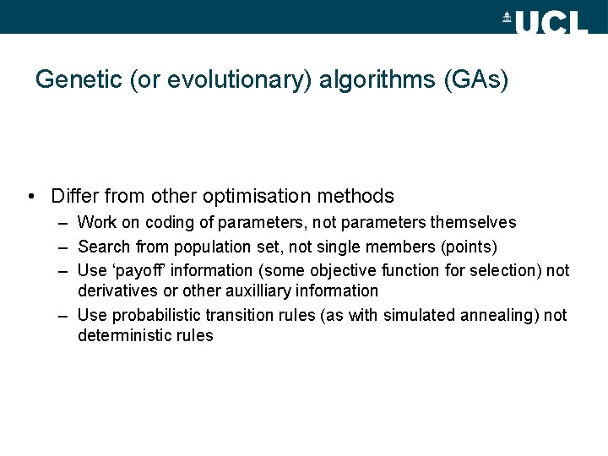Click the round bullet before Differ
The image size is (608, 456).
pos(30,197)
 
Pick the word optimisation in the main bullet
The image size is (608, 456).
pos(254,196)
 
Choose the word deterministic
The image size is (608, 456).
pos(123,336)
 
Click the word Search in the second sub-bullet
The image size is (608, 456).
pos(103,247)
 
